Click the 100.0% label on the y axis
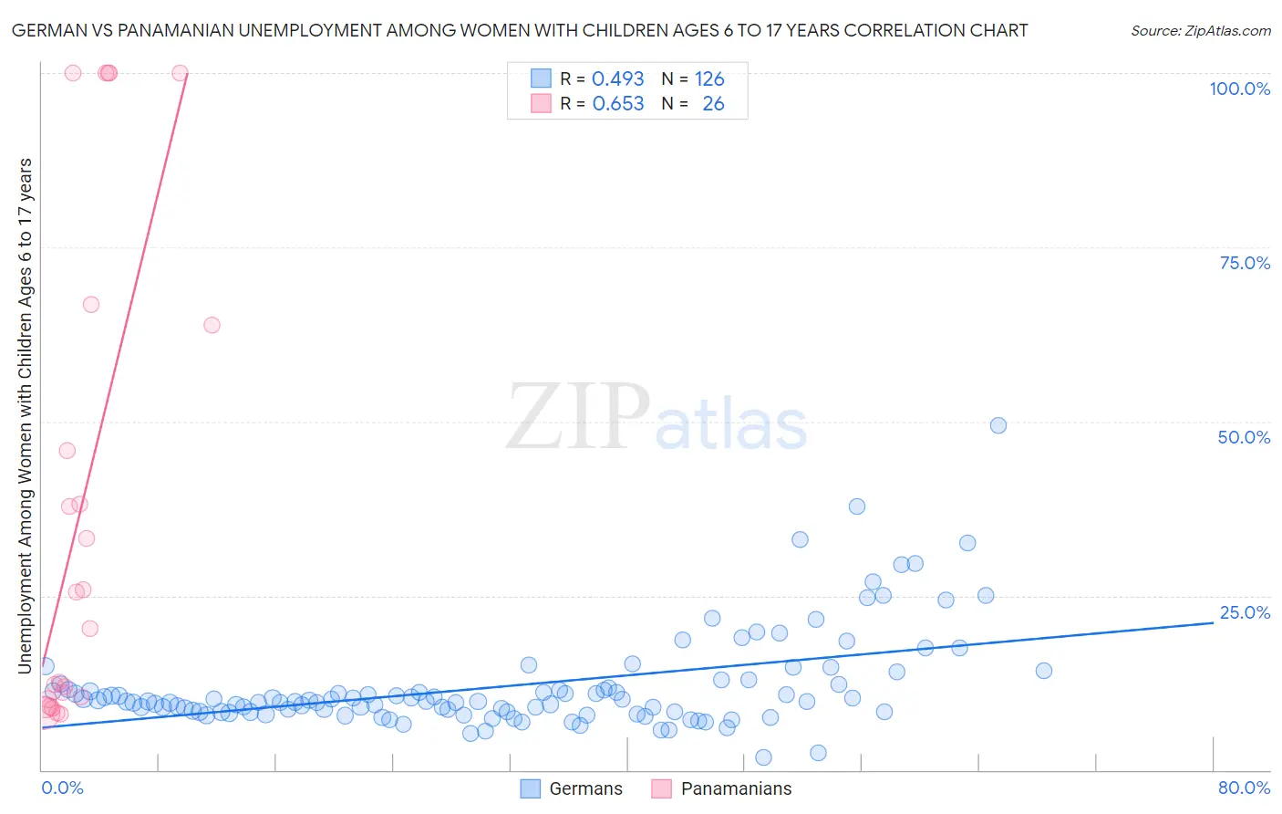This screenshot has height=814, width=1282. [x=1239, y=89]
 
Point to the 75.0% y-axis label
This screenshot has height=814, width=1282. [x=1245, y=263]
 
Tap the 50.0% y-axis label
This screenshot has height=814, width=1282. [x=1244, y=437]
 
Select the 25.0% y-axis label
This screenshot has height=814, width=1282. [x=1245, y=611]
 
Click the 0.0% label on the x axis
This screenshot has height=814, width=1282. [x=62, y=788]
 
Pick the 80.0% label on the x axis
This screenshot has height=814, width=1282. [x=1244, y=788]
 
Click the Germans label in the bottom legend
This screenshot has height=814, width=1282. [x=585, y=788]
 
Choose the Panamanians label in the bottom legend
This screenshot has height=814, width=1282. [x=736, y=788]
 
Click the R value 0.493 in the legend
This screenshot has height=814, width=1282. [x=617, y=79]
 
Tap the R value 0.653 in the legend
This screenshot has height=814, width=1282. [x=617, y=104]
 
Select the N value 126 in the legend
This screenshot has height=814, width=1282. [x=709, y=79]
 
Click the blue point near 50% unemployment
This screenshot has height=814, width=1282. [x=998, y=425]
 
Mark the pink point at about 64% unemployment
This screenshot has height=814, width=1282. [x=212, y=325]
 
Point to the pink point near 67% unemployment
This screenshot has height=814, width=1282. [x=91, y=305]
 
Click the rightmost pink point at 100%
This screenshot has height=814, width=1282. [x=180, y=73]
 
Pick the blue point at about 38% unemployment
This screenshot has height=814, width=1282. [x=857, y=506]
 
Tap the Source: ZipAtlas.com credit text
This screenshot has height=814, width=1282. [x=1200, y=31]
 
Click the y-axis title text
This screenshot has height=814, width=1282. [x=25, y=416]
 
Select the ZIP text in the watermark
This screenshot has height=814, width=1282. [x=577, y=417]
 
